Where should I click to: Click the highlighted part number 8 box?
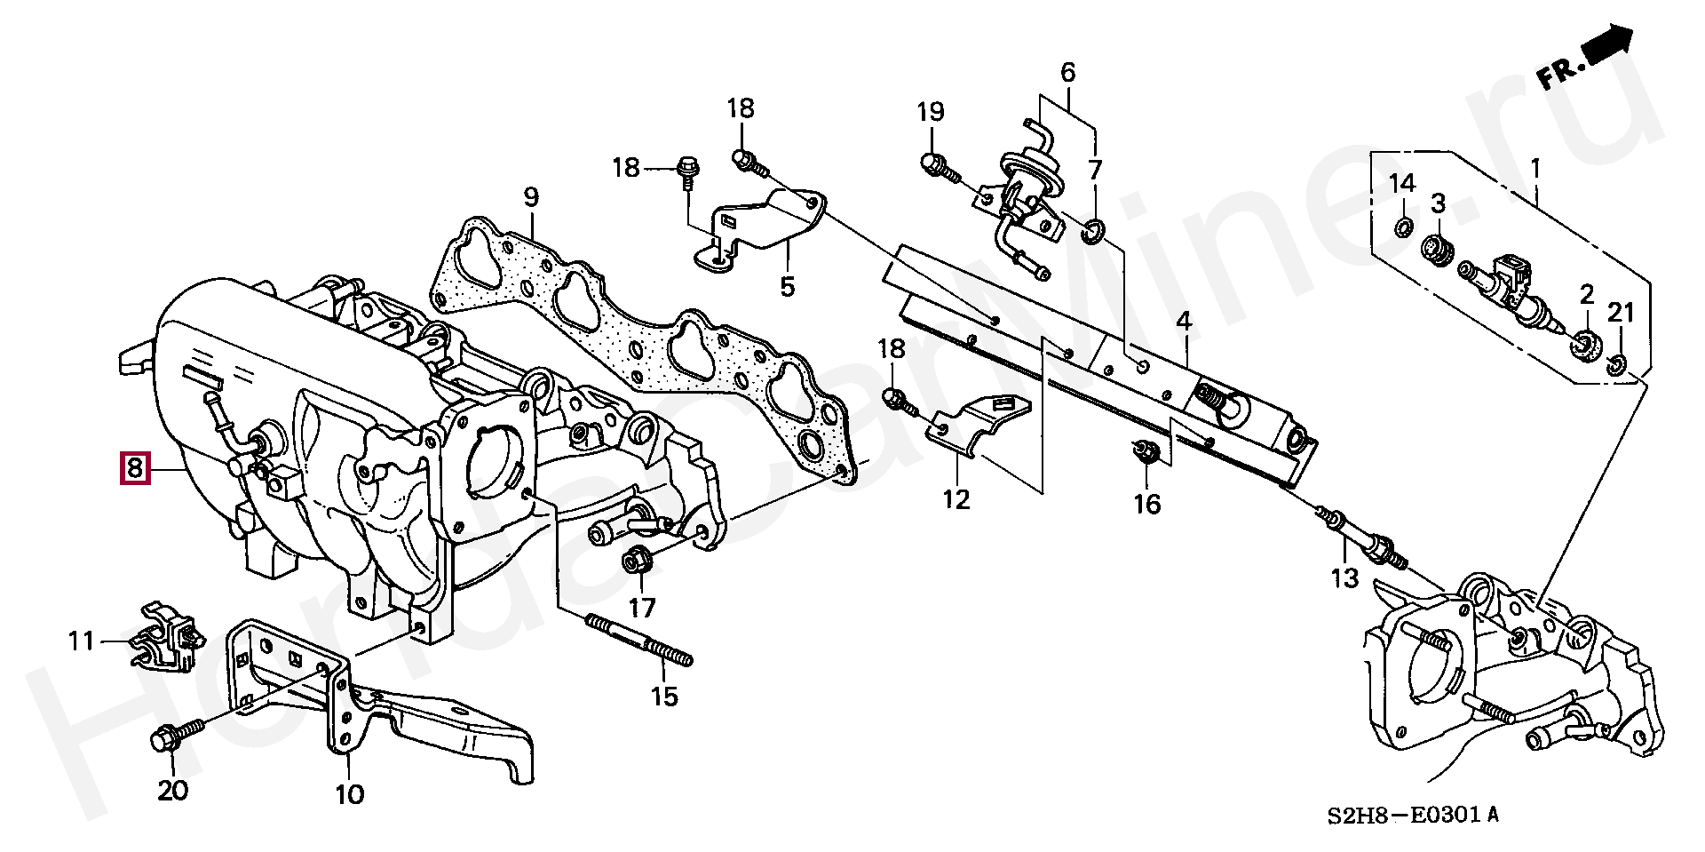pos(133,467)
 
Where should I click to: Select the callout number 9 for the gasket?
pos(530,198)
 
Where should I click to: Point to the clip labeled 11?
pos(167,637)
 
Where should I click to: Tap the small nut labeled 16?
pos(1145,453)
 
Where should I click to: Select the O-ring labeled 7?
pos(1092,234)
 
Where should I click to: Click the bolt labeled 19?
pos(934,164)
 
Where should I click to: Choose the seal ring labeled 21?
pos(1615,362)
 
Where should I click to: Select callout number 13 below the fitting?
pos(1344,577)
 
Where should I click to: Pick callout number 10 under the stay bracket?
pos(350,792)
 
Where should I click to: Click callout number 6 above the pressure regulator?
pos(1067,73)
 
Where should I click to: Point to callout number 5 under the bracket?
pos(788,287)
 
